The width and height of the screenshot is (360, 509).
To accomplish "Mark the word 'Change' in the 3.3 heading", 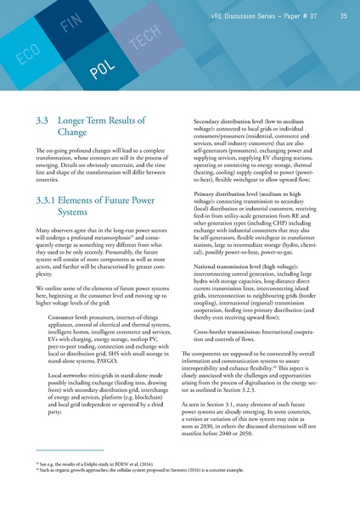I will (74, 133).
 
